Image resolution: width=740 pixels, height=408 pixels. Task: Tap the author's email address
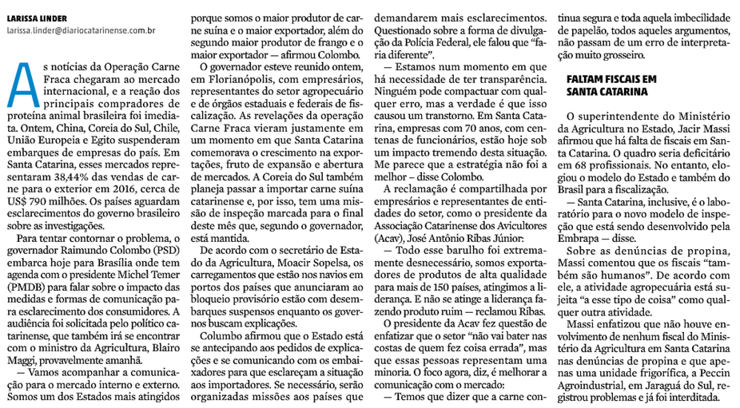pos(81,30)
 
